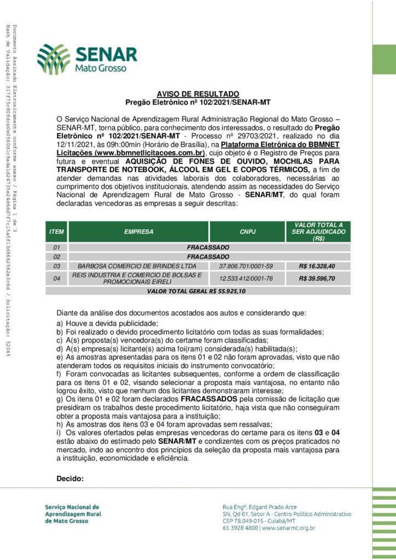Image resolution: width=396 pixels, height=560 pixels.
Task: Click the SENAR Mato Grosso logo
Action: click(x=88, y=59)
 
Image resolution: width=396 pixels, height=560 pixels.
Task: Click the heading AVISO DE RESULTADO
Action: click(x=198, y=94)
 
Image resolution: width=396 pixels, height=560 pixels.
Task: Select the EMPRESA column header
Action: click(x=138, y=232)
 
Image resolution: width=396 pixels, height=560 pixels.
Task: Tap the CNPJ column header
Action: click(x=246, y=232)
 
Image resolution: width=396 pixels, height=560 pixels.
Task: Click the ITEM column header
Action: click(x=56, y=232)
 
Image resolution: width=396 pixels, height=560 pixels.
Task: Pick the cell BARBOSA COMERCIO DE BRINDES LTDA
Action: click(x=138, y=266)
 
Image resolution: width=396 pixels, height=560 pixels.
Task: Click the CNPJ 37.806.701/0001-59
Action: click(x=246, y=266)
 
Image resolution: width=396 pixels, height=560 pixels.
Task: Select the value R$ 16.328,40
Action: click(x=317, y=266)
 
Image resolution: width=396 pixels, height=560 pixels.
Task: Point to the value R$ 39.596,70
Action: click(x=317, y=278)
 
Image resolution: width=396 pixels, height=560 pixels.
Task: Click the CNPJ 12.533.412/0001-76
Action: click(x=246, y=278)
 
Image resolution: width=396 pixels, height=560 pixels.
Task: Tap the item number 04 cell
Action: click(x=56, y=278)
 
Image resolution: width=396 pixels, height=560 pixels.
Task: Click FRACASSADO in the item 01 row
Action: click(x=208, y=247)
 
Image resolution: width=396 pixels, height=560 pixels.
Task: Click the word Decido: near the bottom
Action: click(x=70, y=479)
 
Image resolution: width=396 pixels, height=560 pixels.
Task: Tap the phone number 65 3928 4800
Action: click(x=241, y=528)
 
